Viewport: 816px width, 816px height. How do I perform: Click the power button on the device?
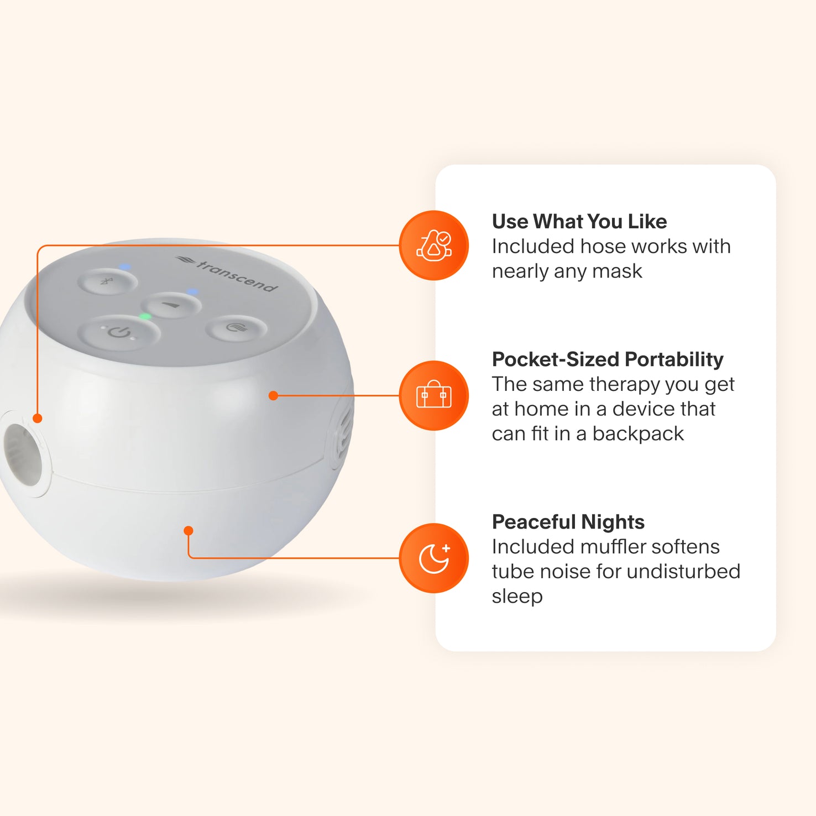119,332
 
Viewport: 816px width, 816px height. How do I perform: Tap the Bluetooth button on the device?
107,282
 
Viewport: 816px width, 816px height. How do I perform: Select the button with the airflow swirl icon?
237,328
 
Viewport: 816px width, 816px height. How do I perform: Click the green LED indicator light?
145,317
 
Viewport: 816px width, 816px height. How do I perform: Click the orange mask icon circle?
434,245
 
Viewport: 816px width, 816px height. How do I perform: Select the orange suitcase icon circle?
434,396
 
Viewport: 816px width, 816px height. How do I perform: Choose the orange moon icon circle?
434,558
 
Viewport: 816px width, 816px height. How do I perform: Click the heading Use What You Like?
579,222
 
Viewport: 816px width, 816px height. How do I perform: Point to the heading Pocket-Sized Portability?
608,359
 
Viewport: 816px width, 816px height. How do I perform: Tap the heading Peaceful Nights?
568,522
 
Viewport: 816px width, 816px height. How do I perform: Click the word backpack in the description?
638,434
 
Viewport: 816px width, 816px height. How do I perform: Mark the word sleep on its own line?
517,597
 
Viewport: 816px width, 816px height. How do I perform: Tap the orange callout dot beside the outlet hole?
38,419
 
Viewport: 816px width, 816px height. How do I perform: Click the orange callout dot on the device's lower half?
189,531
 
